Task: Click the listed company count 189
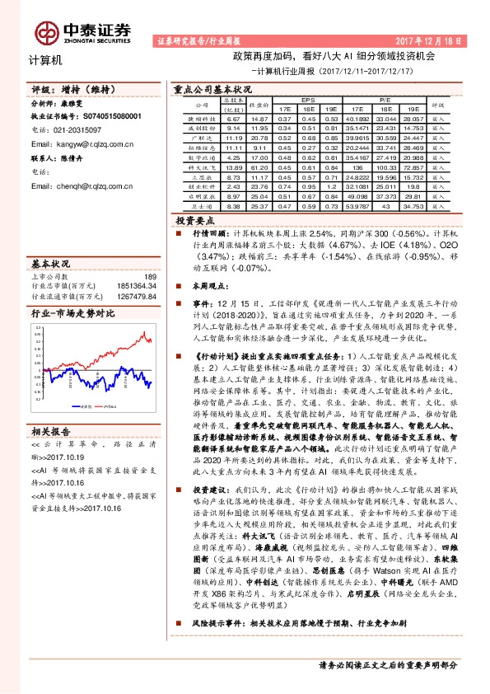pos(149,277)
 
